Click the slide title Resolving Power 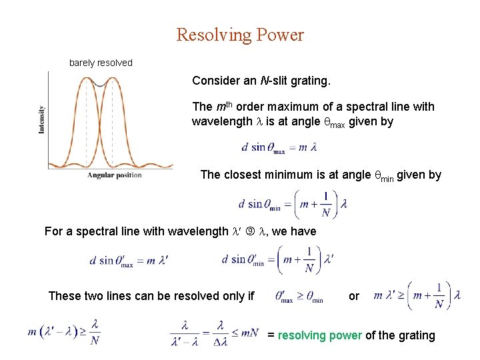pyautogui.click(x=240, y=35)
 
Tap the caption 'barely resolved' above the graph pyautogui.click(x=101, y=63)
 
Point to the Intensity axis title pyautogui.click(x=42, y=119)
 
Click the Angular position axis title pyautogui.click(x=115, y=175)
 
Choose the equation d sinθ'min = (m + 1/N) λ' pyautogui.click(x=278, y=259)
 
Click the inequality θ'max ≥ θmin pyautogui.click(x=299, y=296)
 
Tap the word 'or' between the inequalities pyautogui.click(x=354, y=295)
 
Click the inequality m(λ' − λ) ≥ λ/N pyautogui.click(x=64, y=331)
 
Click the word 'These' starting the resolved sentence pyautogui.click(x=65, y=296)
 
